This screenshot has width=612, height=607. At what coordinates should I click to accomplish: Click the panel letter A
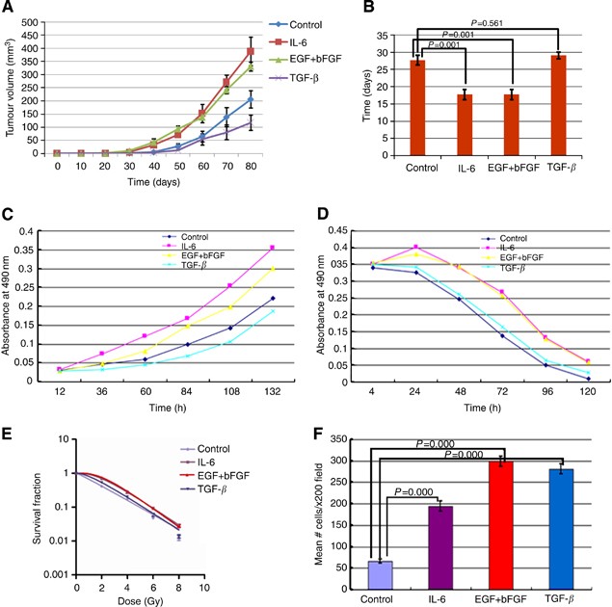tap(11, 10)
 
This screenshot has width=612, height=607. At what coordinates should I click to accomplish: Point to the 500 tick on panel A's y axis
tap(38, 11)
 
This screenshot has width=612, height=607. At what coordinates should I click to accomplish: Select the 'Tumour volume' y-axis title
tap(11, 82)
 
